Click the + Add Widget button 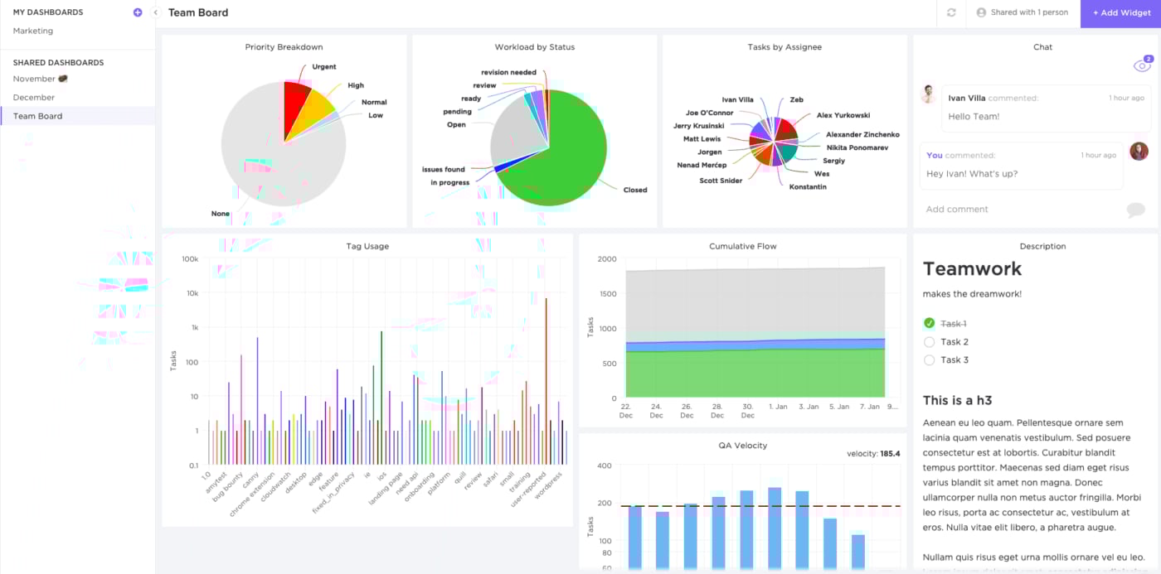tap(1120, 13)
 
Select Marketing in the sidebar tap(33, 31)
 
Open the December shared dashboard tap(34, 98)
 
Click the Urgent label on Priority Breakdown tap(323, 67)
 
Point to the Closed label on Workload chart tap(634, 190)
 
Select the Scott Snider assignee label tap(721, 181)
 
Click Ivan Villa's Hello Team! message tap(974, 117)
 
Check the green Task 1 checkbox tap(929, 323)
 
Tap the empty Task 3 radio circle tap(929, 360)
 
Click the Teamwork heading tap(972, 268)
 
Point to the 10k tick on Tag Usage tap(192, 293)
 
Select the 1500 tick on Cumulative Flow tap(606, 294)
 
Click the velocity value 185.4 tap(890, 454)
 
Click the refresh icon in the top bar tap(951, 13)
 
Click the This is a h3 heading tap(957, 401)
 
